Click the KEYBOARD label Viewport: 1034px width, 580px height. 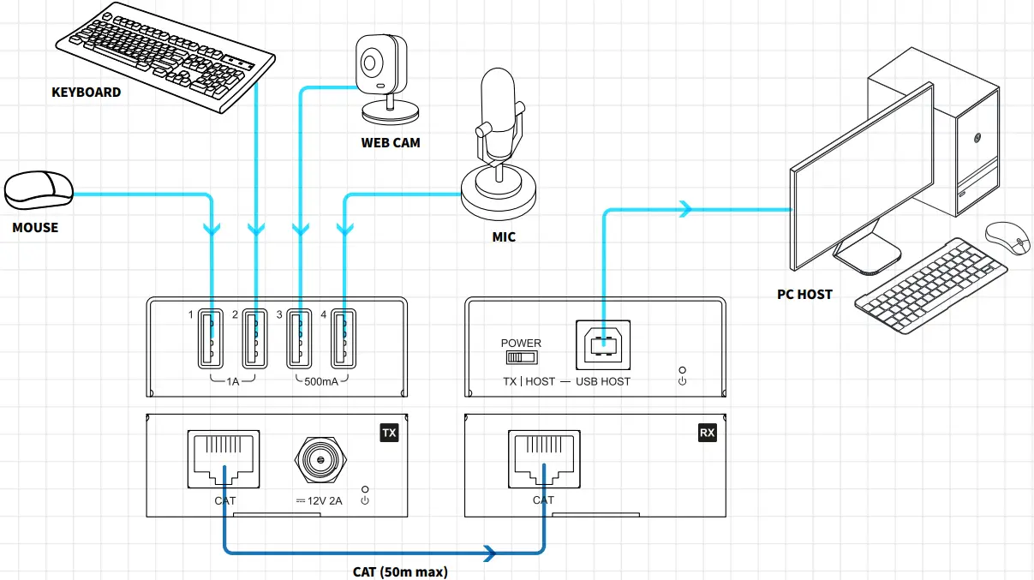click(x=86, y=92)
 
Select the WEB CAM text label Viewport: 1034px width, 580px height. click(x=391, y=142)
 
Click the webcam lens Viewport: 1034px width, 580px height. click(x=372, y=63)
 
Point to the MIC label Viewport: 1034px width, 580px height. click(x=504, y=236)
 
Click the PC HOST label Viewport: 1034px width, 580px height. click(x=804, y=294)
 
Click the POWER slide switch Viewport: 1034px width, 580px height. click(x=521, y=356)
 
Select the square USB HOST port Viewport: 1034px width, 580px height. click(x=604, y=344)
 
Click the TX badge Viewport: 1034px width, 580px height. click(x=389, y=433)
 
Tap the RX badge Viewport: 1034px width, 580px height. click(x=707, y=433)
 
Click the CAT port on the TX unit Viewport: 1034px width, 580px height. click(x=225, y=460)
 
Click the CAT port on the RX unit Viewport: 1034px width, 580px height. click(x=543, y=460)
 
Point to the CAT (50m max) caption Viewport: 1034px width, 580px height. click(x=399, y=571)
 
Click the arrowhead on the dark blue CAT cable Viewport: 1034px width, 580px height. click(x=490, y=553)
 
